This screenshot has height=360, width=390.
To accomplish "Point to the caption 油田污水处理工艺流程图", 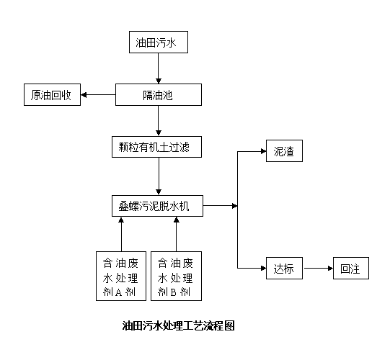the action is coord(179,325).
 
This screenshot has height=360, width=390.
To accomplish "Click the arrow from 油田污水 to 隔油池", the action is coord(159,68).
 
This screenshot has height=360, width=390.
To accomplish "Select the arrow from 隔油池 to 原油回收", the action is coord(98,94).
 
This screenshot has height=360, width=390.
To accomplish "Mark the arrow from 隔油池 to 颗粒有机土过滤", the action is coord(159,121).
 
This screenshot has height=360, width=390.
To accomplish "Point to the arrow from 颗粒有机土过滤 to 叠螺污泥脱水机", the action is coord(159,176).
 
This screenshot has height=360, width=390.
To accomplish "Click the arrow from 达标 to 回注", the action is coord(318,268).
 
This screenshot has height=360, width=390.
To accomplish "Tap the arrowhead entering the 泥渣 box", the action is coord(263,151).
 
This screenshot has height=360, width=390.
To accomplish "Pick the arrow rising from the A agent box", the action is coord(121,234).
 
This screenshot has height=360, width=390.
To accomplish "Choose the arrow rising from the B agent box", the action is coord(177,234).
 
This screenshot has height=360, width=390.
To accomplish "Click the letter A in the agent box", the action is coord(119,292).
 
